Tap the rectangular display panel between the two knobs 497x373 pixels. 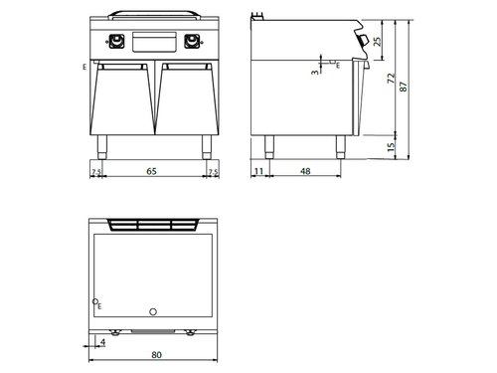pyautogui.click(x=154, y=42)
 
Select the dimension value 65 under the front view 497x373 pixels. pyautogui.click(x=151, y=172)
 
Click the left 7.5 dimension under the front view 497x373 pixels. pyautogui.click(x=95, y=172)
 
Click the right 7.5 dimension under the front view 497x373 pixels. pyautogui.click(x=213, y=172)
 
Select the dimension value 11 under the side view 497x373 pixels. pyautogui.click(x=259, y=172)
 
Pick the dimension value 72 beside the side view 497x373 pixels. pyautogui.click(x=393, y=78)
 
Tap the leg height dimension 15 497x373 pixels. pyautogui.click(x=393, y=147)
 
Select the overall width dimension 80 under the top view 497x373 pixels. pyautogui.click(x=155, y=353)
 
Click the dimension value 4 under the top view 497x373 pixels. pyautogui.click(x=103, y=342)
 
